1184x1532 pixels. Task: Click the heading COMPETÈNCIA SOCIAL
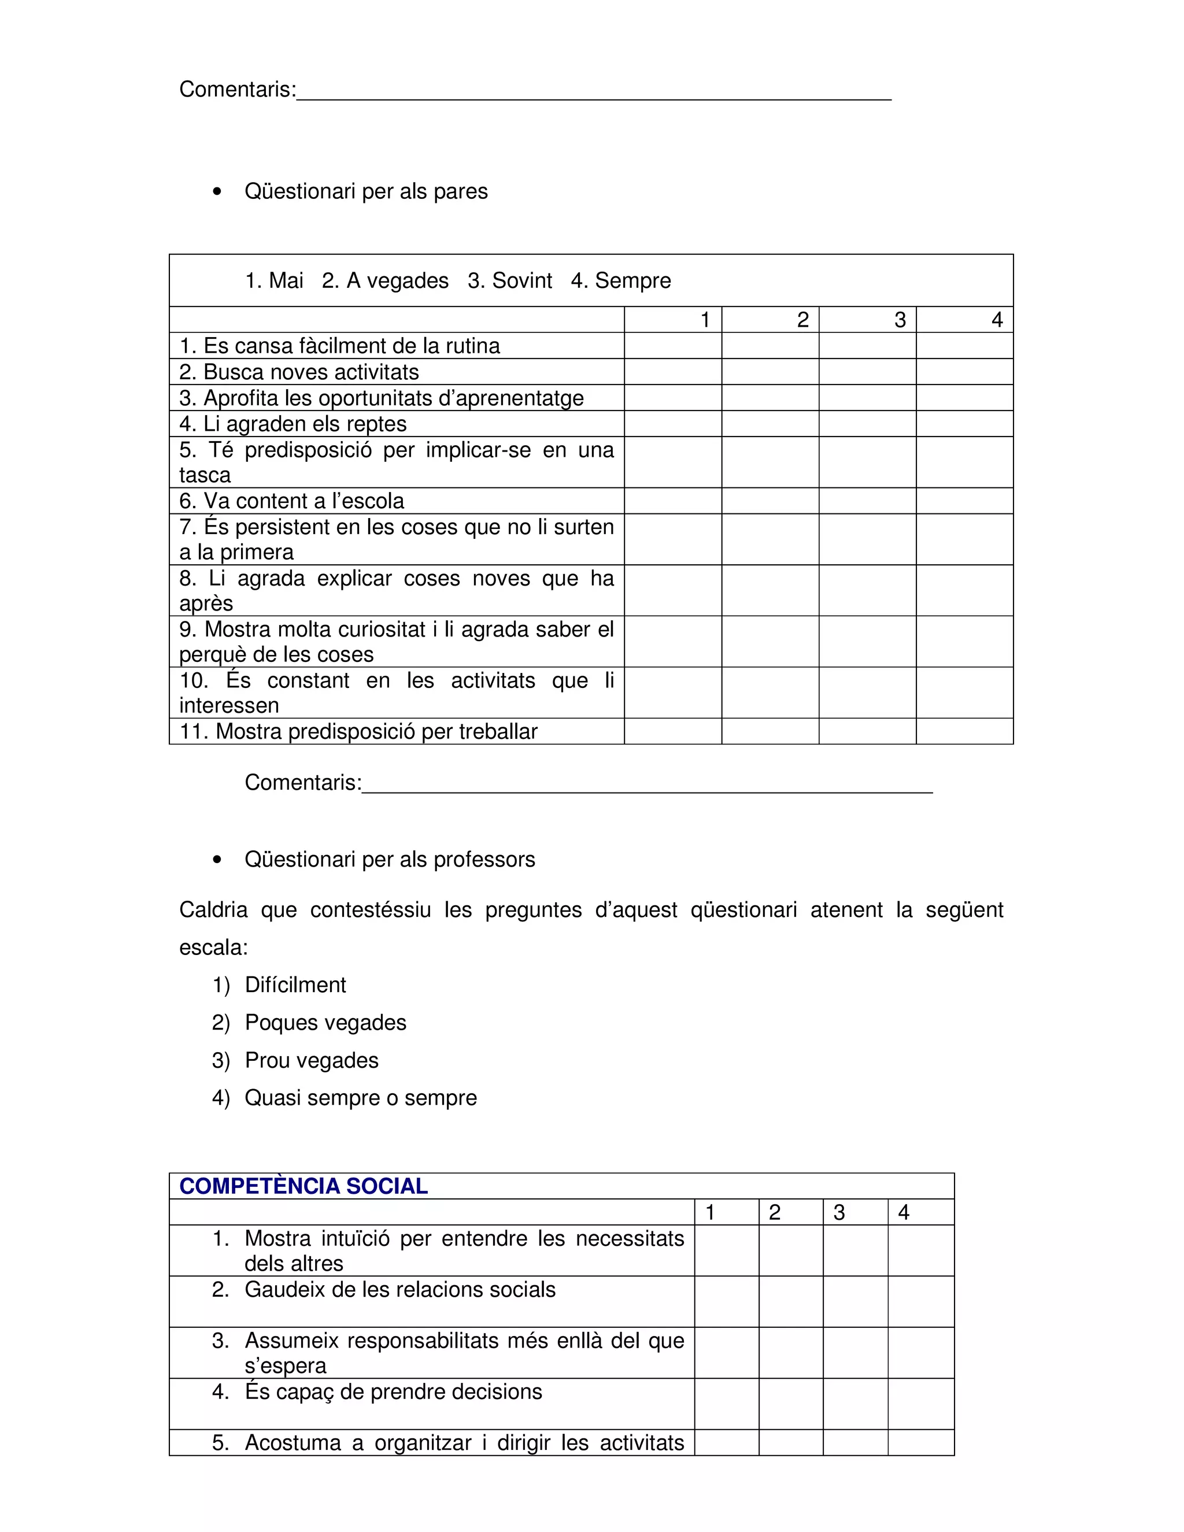tap(303, 1186)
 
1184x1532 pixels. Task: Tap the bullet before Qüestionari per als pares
tap(217, 191)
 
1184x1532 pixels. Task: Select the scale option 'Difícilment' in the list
tap(295, 985)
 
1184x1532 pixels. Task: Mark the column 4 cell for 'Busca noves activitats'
tap(964, 372)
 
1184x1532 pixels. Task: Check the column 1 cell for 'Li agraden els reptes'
tap(673, 424)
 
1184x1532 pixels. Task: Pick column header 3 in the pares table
tap(900, 320)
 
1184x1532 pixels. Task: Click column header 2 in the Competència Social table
tap(774, 1213)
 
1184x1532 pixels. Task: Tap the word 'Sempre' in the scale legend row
tap(632, 280)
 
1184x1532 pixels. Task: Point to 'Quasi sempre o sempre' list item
tap(361, 1098)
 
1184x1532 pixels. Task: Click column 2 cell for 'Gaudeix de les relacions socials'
tap(790, 1301)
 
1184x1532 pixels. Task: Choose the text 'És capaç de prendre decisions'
tap(393, 1392)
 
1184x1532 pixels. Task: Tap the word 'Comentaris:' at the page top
tap(238, 90)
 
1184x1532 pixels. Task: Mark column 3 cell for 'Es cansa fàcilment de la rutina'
tap(868, 346)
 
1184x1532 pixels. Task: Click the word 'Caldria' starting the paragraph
tap(213, 910)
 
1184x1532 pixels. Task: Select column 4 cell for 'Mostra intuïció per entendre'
tap(920, 1250)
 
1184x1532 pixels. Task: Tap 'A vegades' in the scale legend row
tap(397, 280)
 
